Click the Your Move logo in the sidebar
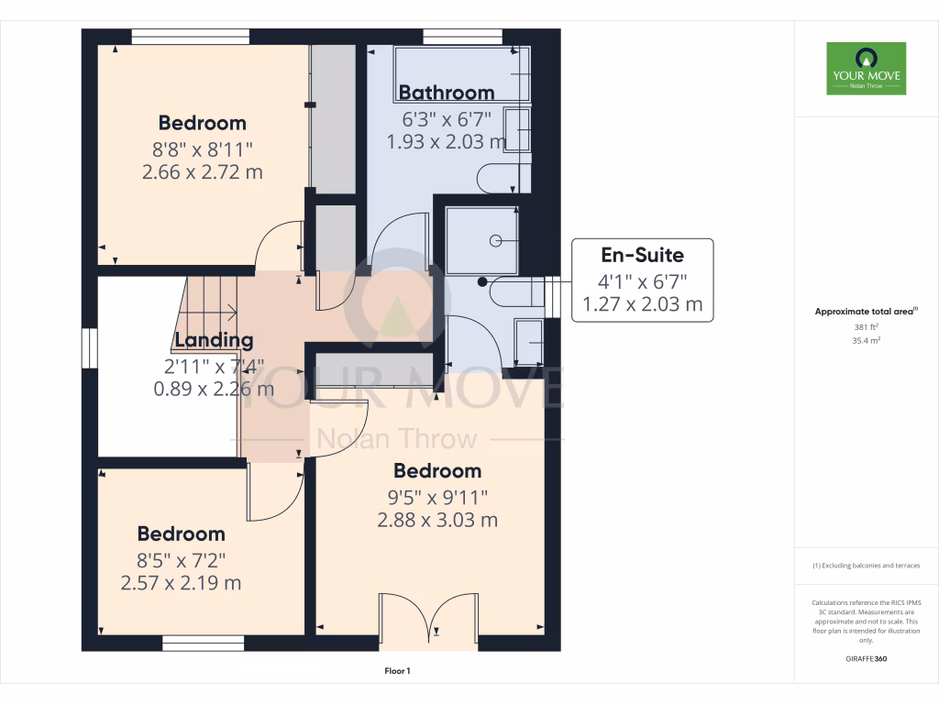click(x=866, y=68)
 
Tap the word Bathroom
click(x=447, y=93)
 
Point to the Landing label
click(x=214, y=341)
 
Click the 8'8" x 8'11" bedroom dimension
click(x=202, y=147)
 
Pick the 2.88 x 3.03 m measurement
click(x=437, y=520)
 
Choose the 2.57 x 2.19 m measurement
click(x=181, y=582)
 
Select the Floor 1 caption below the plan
click(x=397, y=672)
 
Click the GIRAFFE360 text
click(x=866, y=659)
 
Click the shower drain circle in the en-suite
click(x=495, y=241)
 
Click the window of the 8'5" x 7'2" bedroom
click(x=203, y=643)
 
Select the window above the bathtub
click(x=462, y=37)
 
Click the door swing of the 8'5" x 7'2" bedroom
click(x=273, y=490)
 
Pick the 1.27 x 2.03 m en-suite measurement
click(x=642, y=304)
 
